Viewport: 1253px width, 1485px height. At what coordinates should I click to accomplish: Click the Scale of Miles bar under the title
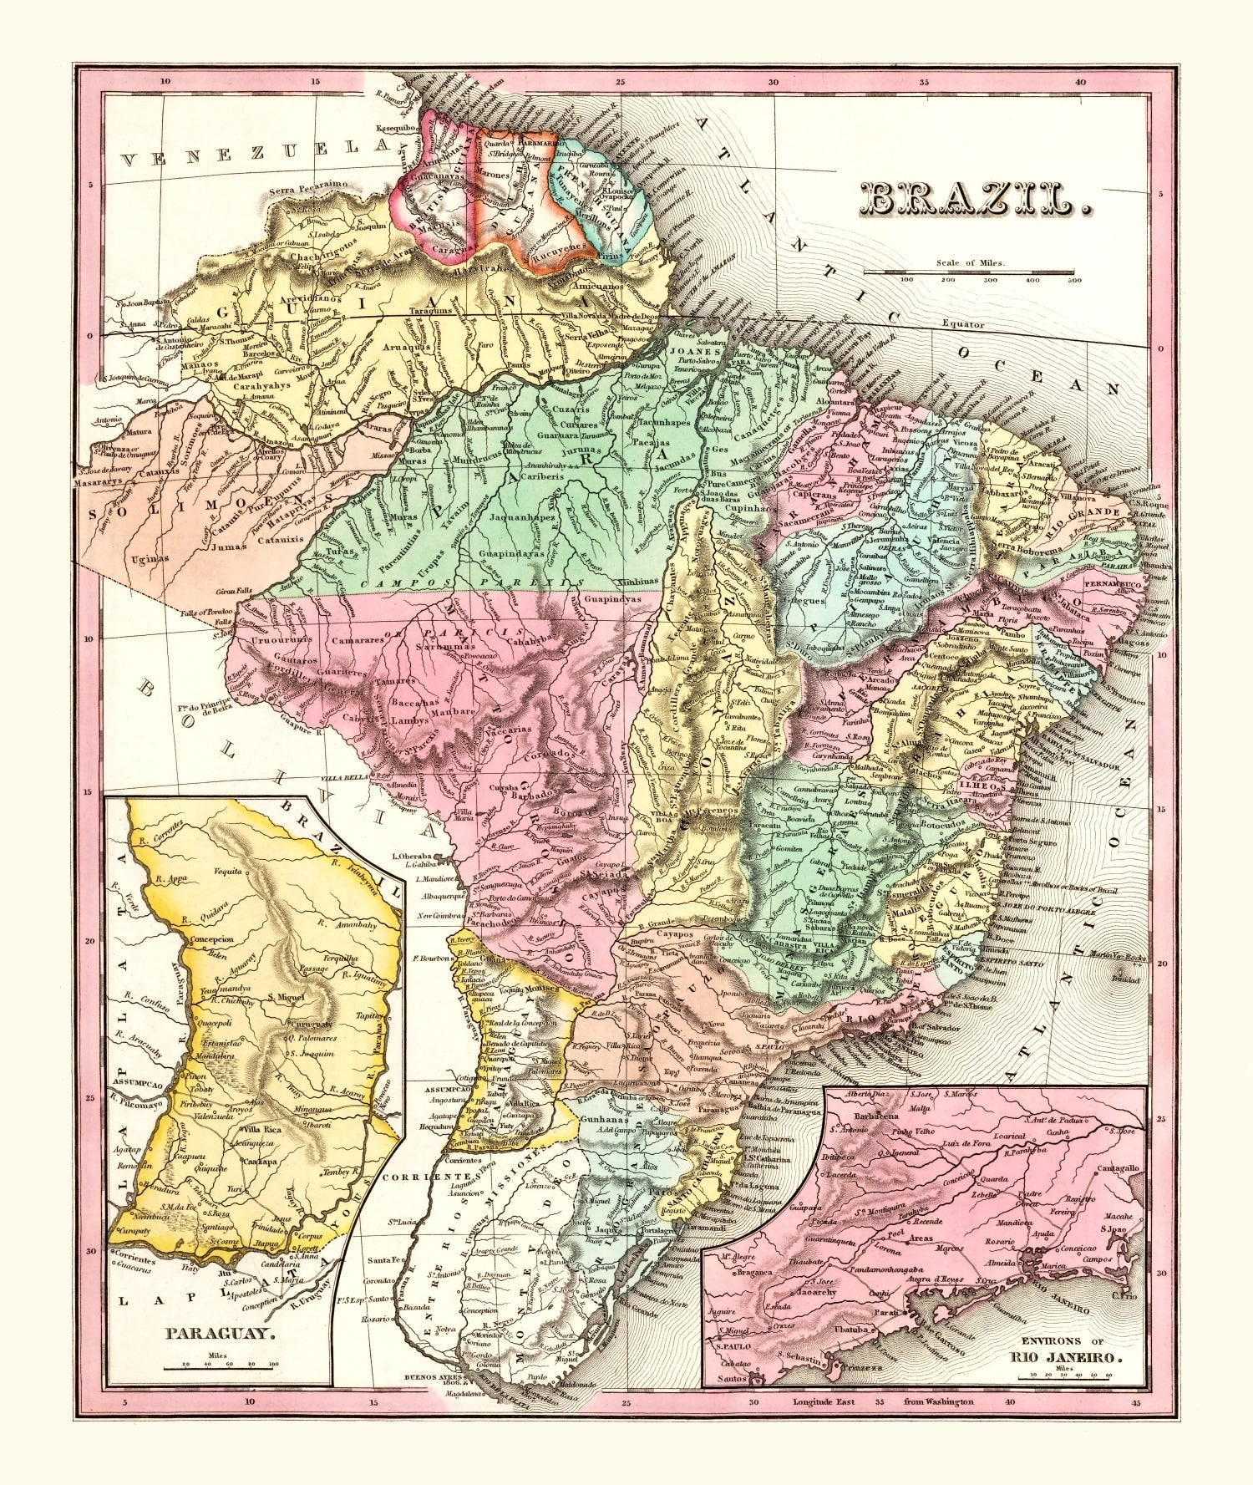point(969,272)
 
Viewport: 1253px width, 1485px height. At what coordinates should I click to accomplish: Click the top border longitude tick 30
point(773,83)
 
